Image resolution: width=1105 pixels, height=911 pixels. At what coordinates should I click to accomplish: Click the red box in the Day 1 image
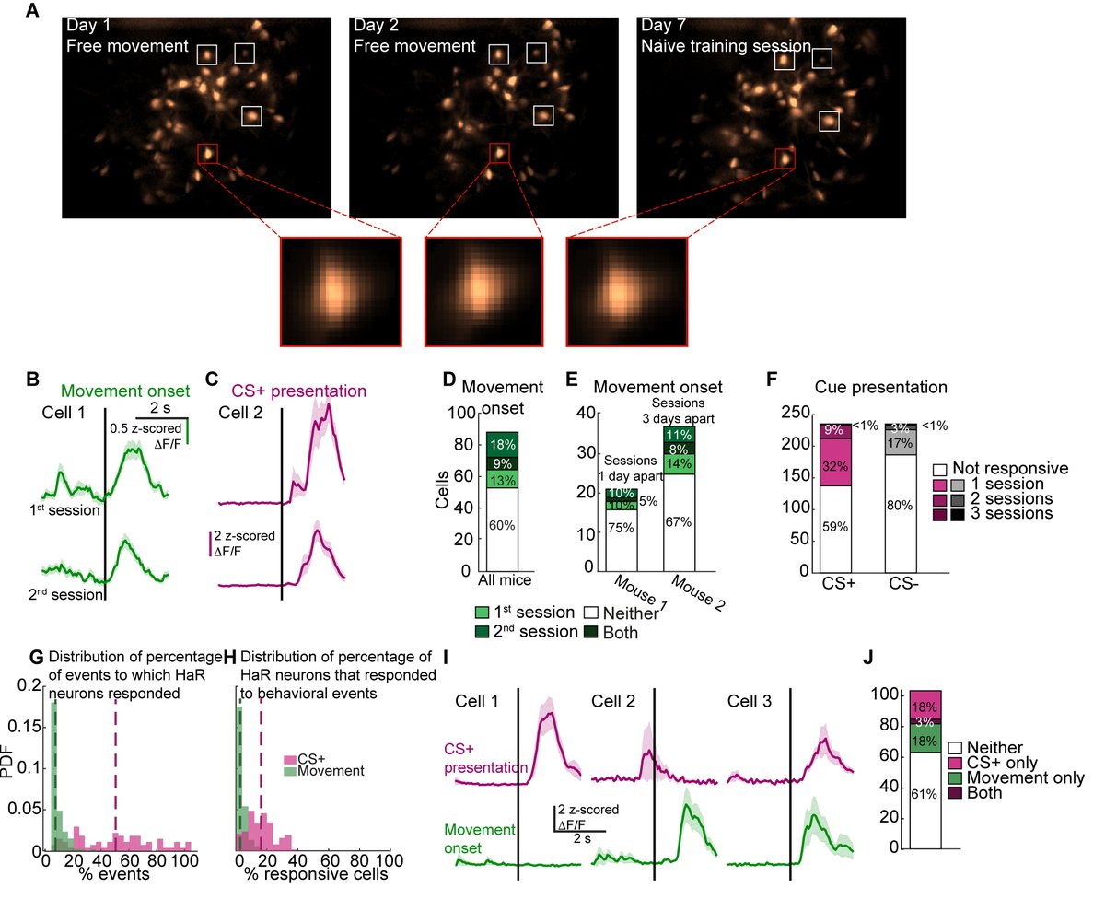[207, 153]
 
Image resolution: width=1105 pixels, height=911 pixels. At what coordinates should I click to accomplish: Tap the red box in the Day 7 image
[785, 158]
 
